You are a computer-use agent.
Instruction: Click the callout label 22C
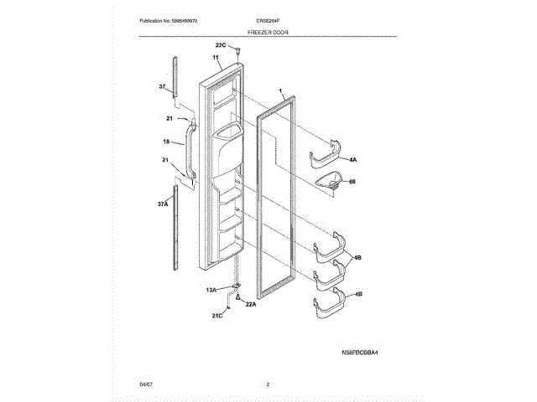click(221, 44)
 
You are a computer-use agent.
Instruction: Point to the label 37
click(163, 87)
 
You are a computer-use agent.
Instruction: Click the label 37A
click(163, 204)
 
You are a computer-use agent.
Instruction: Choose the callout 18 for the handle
click(166, 142)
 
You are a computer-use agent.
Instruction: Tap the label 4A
click(353, 159)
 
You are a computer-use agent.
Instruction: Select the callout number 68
click(353, 180)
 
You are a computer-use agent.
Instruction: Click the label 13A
click(213, 289)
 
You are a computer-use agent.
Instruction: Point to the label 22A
click(250, 304)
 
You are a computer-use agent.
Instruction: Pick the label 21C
click(216, 315)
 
